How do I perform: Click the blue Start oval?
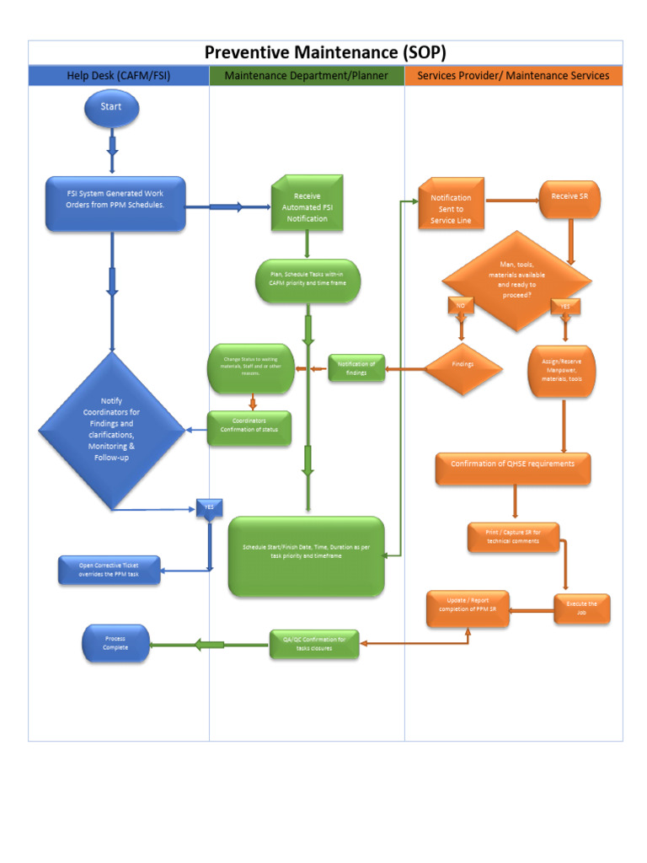tap(111, 107)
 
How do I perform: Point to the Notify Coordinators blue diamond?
tap(111, 429)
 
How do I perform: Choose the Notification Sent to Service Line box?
tap(452, 204)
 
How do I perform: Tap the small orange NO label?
tap(461, 305)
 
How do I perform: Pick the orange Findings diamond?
tap(463, 365)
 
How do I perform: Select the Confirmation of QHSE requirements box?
tap(512, 468)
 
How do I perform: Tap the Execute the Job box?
tap(581, 608)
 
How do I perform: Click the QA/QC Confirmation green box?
tap(314, 644)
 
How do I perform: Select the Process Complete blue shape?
tap(115, 643)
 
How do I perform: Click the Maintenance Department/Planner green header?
tap(307, 76)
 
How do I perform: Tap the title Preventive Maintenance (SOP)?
tap(325, 52)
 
